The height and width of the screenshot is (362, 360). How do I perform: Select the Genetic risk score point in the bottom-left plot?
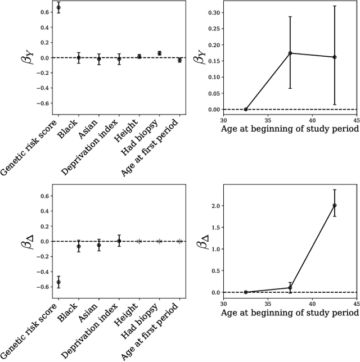click(x=58, y=282)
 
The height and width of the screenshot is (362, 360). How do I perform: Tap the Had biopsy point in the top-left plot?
click(x=159, y=53)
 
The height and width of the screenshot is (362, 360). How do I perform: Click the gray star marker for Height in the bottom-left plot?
click(x=139, y=241)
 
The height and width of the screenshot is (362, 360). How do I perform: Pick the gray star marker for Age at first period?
click(x=179, y=241)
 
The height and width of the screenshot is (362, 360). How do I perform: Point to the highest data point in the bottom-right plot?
click(x=335, y=205)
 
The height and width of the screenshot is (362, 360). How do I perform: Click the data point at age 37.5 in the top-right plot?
click(x=290, y=53)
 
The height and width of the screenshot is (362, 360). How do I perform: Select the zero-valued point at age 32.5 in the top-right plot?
click(x=246, y=109)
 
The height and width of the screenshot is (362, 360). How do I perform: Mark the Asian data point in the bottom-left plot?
click(x=99, y=245)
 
